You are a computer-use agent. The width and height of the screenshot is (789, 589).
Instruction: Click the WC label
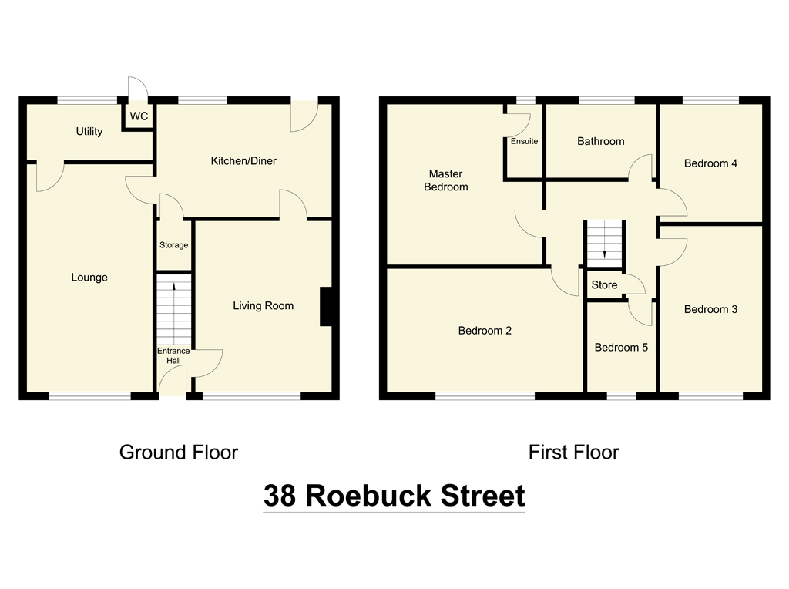coord(139,116)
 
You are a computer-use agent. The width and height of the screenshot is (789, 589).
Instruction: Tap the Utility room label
coord(89,132)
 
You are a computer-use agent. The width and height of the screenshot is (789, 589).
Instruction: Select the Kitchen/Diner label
coord(243,161)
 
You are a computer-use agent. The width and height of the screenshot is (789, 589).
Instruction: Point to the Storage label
coord(173,245)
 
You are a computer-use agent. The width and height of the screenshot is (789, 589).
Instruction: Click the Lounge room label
coord(89,278)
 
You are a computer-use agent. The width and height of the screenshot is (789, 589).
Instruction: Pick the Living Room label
coord(264,306)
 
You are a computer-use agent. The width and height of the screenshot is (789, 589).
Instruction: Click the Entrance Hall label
coord(173,356)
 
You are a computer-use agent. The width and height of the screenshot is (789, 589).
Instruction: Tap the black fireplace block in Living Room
coord(326,307)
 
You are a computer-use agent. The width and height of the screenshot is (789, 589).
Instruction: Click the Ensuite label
coord(524,142)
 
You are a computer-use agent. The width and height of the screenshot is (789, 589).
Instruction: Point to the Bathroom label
coord(601,141)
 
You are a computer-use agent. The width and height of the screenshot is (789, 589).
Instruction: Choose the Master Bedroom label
coord(446,180)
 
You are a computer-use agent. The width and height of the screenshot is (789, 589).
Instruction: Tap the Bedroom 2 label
coord(485,331)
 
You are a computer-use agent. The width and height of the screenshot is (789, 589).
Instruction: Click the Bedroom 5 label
coord(621,348)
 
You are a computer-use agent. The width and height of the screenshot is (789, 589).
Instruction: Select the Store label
coord(604,285)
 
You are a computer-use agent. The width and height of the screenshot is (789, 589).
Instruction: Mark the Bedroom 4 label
coord(710,163)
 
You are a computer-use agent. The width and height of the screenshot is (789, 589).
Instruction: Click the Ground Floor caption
coord(179,453)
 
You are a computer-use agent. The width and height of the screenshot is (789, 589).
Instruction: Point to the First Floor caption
coord(573,453)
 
